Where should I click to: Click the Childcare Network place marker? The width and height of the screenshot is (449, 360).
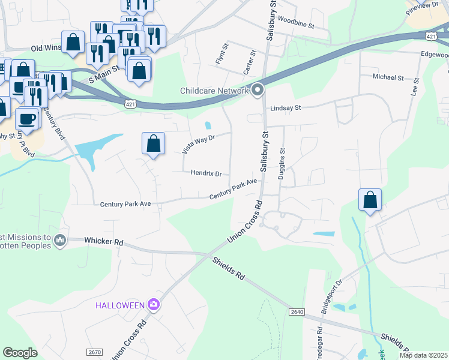tap(258, 91)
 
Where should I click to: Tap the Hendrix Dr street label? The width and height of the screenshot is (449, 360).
tap(206, 173)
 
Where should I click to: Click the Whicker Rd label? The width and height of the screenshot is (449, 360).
tap(104, 242)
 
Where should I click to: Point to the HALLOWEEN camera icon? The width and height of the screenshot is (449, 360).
tap(154, 305)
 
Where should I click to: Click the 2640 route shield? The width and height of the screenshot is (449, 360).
tap(297, 312)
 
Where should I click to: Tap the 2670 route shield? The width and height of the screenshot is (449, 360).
tap(94, 352)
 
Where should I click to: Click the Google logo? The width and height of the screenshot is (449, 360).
tap(20, 353)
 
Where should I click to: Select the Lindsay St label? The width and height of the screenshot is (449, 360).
tap(285, 108)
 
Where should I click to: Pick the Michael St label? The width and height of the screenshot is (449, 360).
tap(388, 77)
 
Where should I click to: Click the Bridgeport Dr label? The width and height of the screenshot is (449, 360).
tap(331, 291)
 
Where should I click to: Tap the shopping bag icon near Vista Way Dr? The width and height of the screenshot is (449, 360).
tap(154, 144)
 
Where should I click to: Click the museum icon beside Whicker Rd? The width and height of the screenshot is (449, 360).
tap(59, 241)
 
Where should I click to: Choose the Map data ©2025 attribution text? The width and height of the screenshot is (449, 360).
tap(423, 355)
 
